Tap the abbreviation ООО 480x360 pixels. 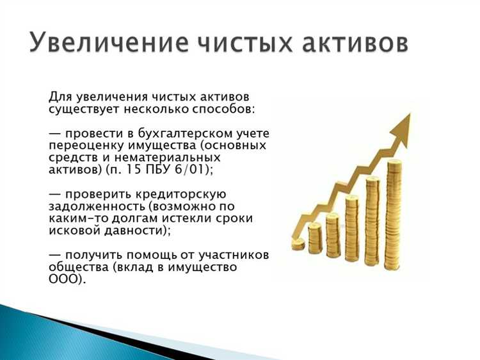pos(64,279)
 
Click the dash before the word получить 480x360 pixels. pos(56,255)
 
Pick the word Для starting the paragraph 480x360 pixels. pos(61,97)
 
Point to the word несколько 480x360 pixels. pos(170,109)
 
